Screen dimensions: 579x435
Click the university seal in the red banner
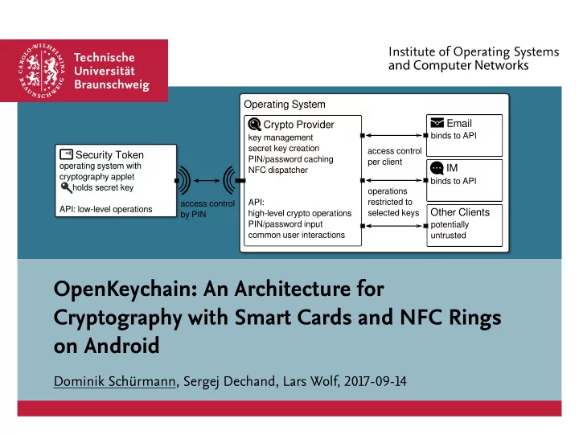pyautogui.click(x=42, y=71)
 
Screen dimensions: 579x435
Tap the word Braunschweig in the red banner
pyautogui.click(x=112, y=85)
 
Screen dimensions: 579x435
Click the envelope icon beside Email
pyautogui.click(x=437, y=122)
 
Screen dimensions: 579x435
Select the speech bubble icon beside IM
pyautogui.click(x=437, y=168)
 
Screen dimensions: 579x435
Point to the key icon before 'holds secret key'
pyautogui.click(x=66, y=187)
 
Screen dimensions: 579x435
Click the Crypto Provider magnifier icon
pyautogui.click(x=254, y=125)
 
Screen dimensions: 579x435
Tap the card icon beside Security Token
pyautogui.click(x=66, y=154)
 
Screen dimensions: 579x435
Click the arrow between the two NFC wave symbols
pyautogui.click(x=207, y=181)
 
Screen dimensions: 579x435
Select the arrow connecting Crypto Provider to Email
pyautogui.click(x=394, y=136)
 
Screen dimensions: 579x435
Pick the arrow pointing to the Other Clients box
pyautogui.click(x=394, y=226)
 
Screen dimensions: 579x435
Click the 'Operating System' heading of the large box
pyautogui.click(x=285, y=105)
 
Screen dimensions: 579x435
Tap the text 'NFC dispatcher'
pyautogui.click(x=277, y=170)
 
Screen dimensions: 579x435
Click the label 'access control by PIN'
pyautogui.click(x=207, y=209)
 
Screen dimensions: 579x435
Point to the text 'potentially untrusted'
pyautogui.click(x=450, y=230)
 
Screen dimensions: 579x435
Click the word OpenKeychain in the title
pyautogui.click(x=125, y=289)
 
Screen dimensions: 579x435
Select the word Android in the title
pyautogui.click(x=122, y=346)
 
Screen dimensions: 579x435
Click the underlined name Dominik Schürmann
pyautogui.click(x=115, y=381)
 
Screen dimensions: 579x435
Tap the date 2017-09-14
pyautogui.click(x=376, y=381)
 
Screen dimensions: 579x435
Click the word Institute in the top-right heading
pyautogui.click(x=412, y=51)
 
